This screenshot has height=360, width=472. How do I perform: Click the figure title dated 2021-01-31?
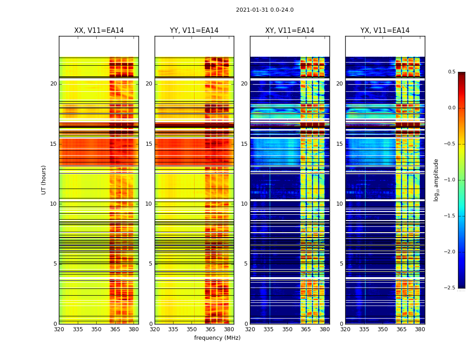click(265, 10)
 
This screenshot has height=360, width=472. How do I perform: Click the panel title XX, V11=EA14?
click(99, 31)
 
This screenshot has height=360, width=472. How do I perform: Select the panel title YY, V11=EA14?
click(194, 31)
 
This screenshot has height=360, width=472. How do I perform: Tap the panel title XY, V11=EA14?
click(289, 31)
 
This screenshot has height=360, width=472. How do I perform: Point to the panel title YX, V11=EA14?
click(385, 31)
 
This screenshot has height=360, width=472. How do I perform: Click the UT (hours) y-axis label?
click(44, 180)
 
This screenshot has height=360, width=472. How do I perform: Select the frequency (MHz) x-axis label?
click(217, 338)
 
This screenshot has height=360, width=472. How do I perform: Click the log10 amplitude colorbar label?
click(436, 180)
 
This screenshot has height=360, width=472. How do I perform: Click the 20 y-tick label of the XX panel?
click(53, 84)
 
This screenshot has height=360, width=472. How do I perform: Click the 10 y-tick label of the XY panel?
click(244, 204)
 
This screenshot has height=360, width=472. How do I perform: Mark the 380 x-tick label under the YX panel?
click(420, 329)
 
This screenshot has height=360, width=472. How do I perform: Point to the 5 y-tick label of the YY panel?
click(151, 264)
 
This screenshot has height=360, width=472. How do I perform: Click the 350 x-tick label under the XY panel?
click(287, 329)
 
